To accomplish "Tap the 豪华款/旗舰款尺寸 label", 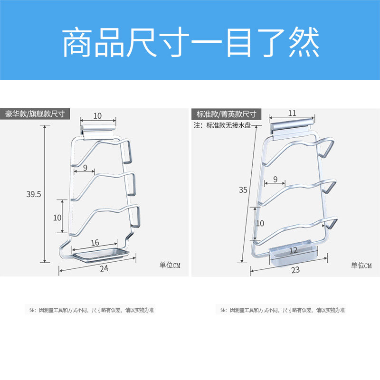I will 36,114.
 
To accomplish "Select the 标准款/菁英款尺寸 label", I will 227,114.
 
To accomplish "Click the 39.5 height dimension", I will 34,194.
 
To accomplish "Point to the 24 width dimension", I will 104,268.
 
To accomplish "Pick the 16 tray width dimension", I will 95,243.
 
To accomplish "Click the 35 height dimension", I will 243,190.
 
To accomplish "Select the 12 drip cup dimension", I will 293,250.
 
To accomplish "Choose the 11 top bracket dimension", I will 292,113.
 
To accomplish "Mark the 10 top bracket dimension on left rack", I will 97,115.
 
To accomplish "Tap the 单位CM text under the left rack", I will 170,265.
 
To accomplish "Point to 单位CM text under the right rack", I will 361,265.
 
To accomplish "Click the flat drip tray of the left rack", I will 100,255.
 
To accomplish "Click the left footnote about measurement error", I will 92,310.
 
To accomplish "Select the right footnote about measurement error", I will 283,310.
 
